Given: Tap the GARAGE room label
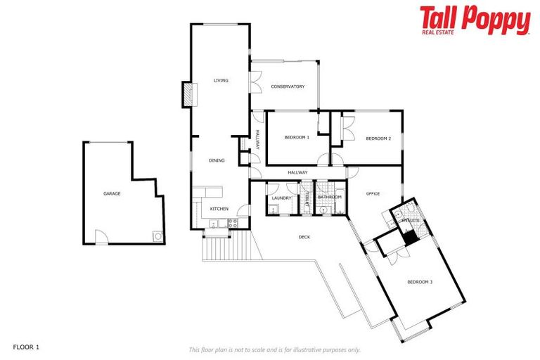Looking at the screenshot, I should [112, 193].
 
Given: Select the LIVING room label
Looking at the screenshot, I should [221, 81].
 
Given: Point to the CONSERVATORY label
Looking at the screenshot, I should [288, 86].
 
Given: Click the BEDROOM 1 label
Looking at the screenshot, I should [297, 138].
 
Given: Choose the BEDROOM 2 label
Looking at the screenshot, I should [378, 139].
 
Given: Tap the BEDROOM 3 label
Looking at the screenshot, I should [420, 282].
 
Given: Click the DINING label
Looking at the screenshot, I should [217, 161].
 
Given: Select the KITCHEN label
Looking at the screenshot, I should [219, 210].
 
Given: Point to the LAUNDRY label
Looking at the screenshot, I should [282, 198].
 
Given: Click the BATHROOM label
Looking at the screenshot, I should [329, 198].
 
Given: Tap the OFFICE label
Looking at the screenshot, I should [373, 193].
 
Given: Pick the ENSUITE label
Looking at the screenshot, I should [410, 221].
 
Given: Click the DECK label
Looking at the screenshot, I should [304, 237].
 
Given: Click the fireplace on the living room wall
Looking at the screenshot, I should [187, 95].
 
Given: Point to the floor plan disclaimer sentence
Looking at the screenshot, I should [274, 349].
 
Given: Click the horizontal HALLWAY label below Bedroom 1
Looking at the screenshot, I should [297, 172].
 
